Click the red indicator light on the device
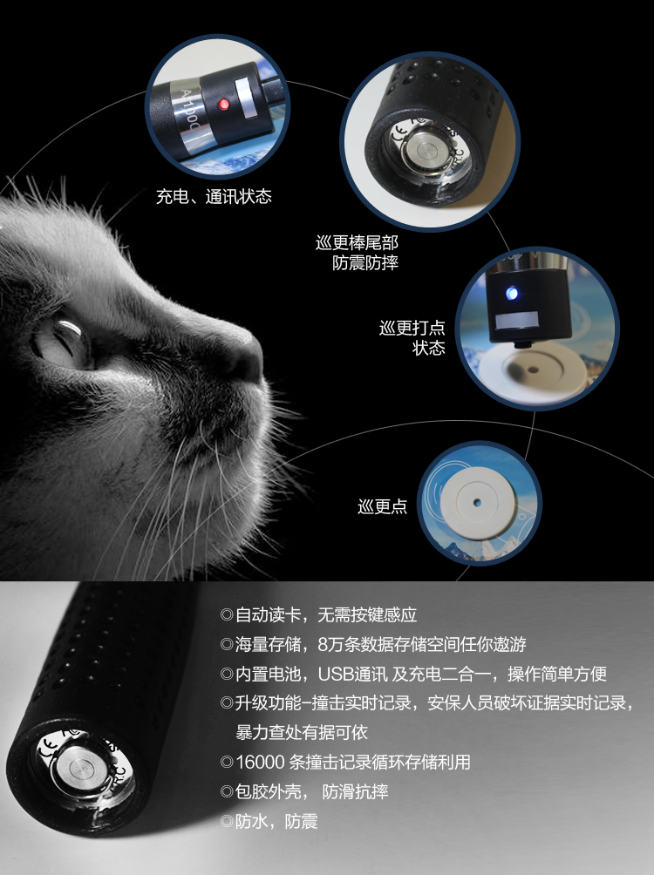click(223, 103)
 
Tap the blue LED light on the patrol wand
click(512, 293)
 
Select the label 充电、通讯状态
click(214, 196)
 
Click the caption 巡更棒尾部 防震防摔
click(358, 252)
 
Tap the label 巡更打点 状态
click(412, 337)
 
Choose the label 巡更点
click(383, 506)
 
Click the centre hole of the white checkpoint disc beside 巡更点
click(476, 503)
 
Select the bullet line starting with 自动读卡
click(319, 615)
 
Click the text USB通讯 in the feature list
click(352, 674)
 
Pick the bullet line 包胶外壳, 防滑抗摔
click(304, 791)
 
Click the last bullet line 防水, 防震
click(269, 822)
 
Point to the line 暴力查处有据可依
click(302, 732)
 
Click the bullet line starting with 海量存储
click(373, 645)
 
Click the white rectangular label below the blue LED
click(517, 320)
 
